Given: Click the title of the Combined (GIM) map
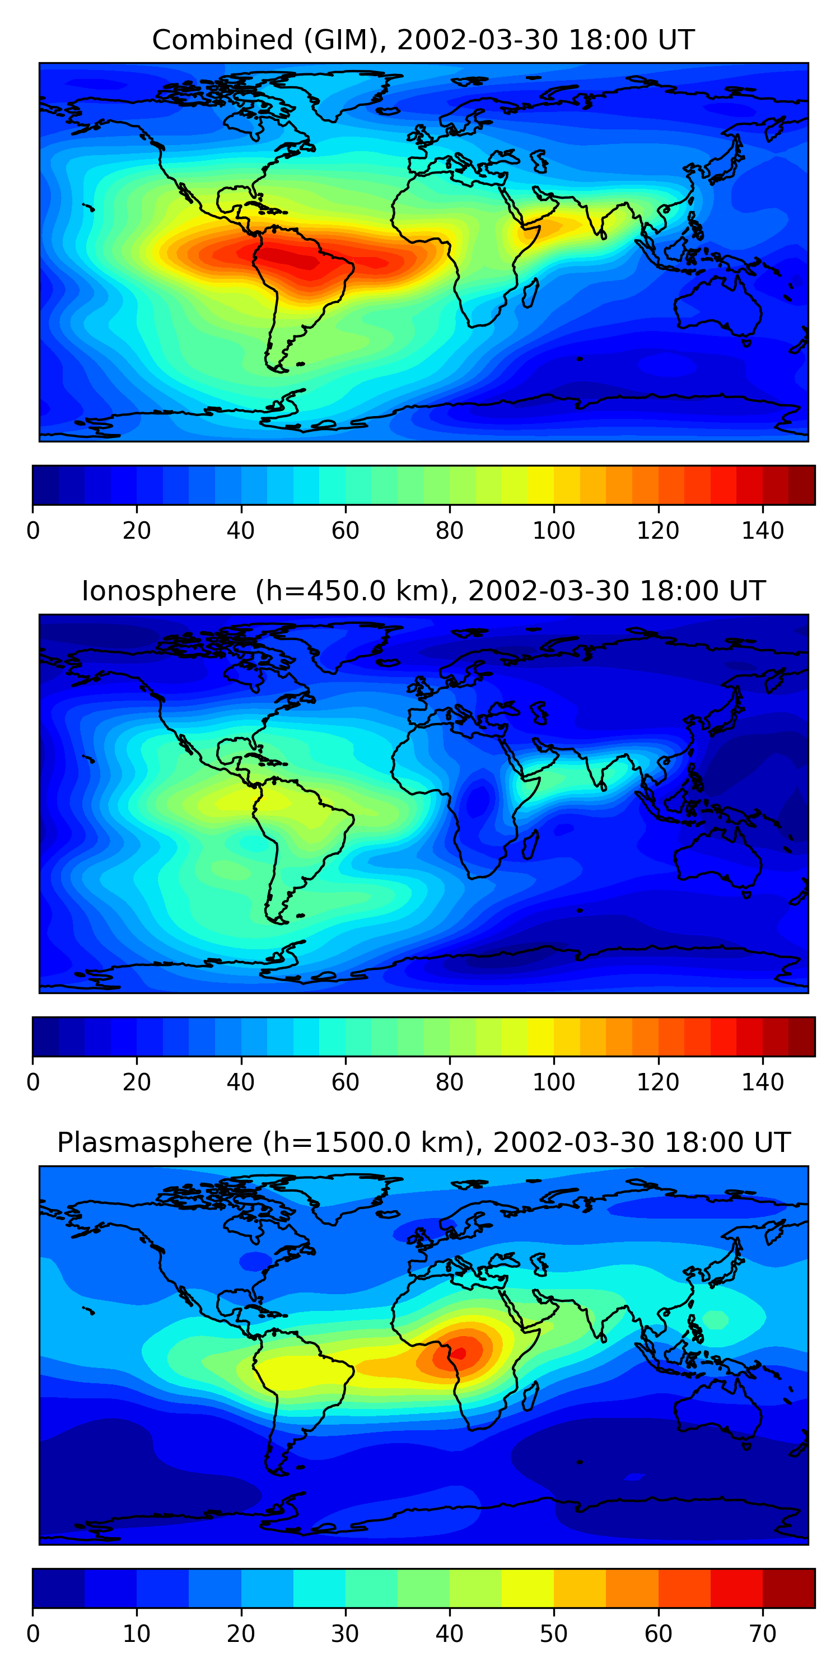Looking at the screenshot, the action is [423, 40].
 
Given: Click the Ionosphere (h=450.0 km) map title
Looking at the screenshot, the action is [423, 591].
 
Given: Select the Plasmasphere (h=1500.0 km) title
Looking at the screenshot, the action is [423, 1142].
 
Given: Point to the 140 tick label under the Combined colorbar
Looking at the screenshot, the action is [762, 530].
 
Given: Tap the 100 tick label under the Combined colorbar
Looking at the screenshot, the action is [554, 530].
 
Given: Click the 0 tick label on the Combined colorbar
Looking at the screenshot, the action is [32, 530].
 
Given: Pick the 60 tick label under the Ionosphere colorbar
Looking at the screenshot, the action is [345, 1082].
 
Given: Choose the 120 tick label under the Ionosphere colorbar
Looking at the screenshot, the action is [658, 1082].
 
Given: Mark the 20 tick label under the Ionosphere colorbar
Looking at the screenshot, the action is [136, 1082].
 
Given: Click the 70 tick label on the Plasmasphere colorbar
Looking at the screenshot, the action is [762, 1634].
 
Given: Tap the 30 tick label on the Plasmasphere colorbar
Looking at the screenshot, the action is [345, 1634].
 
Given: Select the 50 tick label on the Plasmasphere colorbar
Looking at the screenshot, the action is [554, 1634].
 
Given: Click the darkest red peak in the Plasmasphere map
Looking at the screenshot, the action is [460, 1354].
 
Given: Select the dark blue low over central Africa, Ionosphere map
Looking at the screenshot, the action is [479, 798].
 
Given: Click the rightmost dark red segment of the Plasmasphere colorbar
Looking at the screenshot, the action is [789, 1588].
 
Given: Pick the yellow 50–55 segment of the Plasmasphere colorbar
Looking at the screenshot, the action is [580, 1588].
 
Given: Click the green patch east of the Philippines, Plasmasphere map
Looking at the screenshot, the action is [716, 1320].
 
